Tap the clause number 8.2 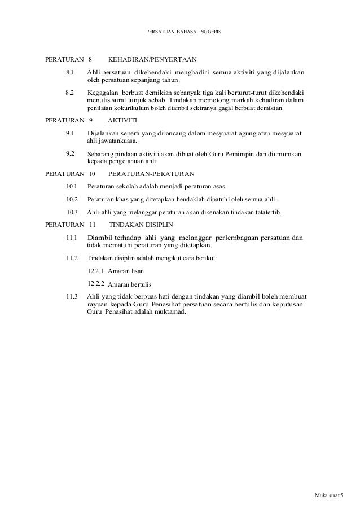[70, 91]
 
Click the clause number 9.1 [70, 134]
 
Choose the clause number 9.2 [70, 153]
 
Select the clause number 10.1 [72, 186]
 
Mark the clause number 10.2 [72, 200]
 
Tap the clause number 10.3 [72, 213]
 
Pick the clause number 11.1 [71, 238]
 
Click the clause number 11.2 [71, 257]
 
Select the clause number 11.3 [71, 296]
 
